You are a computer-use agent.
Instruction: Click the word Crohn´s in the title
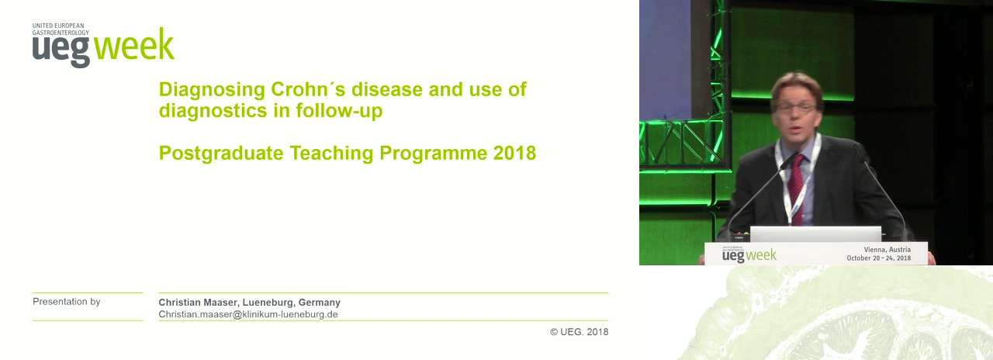tap(308, 89)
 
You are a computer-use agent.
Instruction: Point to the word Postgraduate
tap(221, 154)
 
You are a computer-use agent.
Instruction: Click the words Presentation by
tap(67, 302)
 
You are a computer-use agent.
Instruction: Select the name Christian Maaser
tap(198, 303)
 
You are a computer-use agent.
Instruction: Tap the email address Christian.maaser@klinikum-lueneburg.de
tap(248, 314)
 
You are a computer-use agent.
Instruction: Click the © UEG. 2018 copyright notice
tap(580, 331)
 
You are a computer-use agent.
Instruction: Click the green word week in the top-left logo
tap(134, 45)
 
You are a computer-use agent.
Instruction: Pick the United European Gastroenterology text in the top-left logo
tap(61, 29)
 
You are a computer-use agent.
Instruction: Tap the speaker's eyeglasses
tap(797, 108)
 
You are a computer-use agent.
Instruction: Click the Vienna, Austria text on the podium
tap(887, 250)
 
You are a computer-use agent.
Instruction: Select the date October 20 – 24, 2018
tap(879, 258)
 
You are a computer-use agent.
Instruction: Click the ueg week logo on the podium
tap(749, 254)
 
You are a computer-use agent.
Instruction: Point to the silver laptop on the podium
tap(815, 234)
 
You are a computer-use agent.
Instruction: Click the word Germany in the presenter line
tap(319, 303)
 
